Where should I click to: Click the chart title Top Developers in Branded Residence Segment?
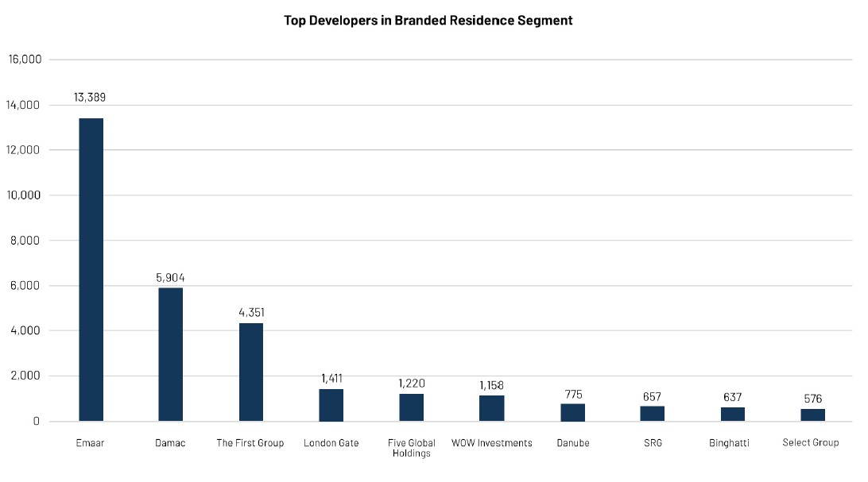pos(428,21)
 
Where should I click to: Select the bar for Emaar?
pos(91,269)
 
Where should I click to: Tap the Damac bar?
pos(171,354)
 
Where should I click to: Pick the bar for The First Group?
pos(251,372)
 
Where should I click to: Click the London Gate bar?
pos(331,405)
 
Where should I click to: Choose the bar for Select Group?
pos(812,415)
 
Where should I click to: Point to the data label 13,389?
pos(91,98)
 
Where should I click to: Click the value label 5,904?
pos(171,278)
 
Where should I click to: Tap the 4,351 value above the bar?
pos(251,312)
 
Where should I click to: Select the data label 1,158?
pos(491,385)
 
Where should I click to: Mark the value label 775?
pos(572,394)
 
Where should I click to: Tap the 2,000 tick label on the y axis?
pos(26,376)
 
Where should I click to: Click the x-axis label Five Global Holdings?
pos(411,448)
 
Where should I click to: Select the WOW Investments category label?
pos(491,442)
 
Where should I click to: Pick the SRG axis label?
pos(652,442)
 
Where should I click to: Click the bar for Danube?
pos(572,412)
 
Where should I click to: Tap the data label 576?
pos(812,399)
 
